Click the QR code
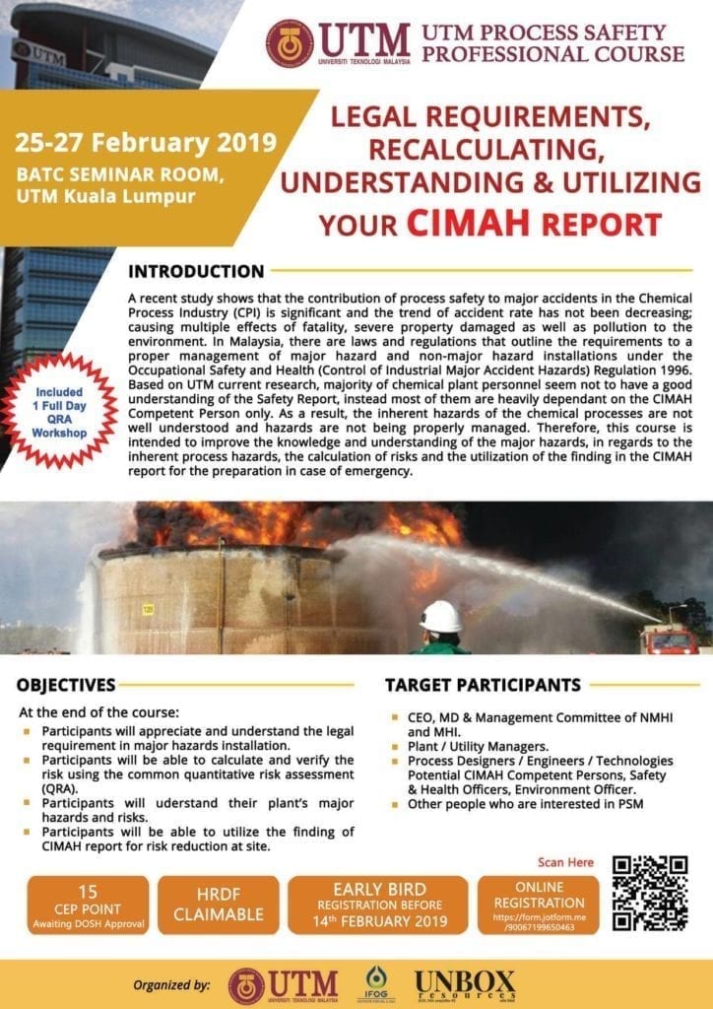pos(649,894)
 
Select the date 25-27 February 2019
pos(145,140)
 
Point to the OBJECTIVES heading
pos(67,685)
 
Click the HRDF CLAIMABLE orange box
pos(219,905)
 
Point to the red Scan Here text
pos(566,862)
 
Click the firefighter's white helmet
pos(440,616)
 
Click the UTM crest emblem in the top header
pos(290,43)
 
